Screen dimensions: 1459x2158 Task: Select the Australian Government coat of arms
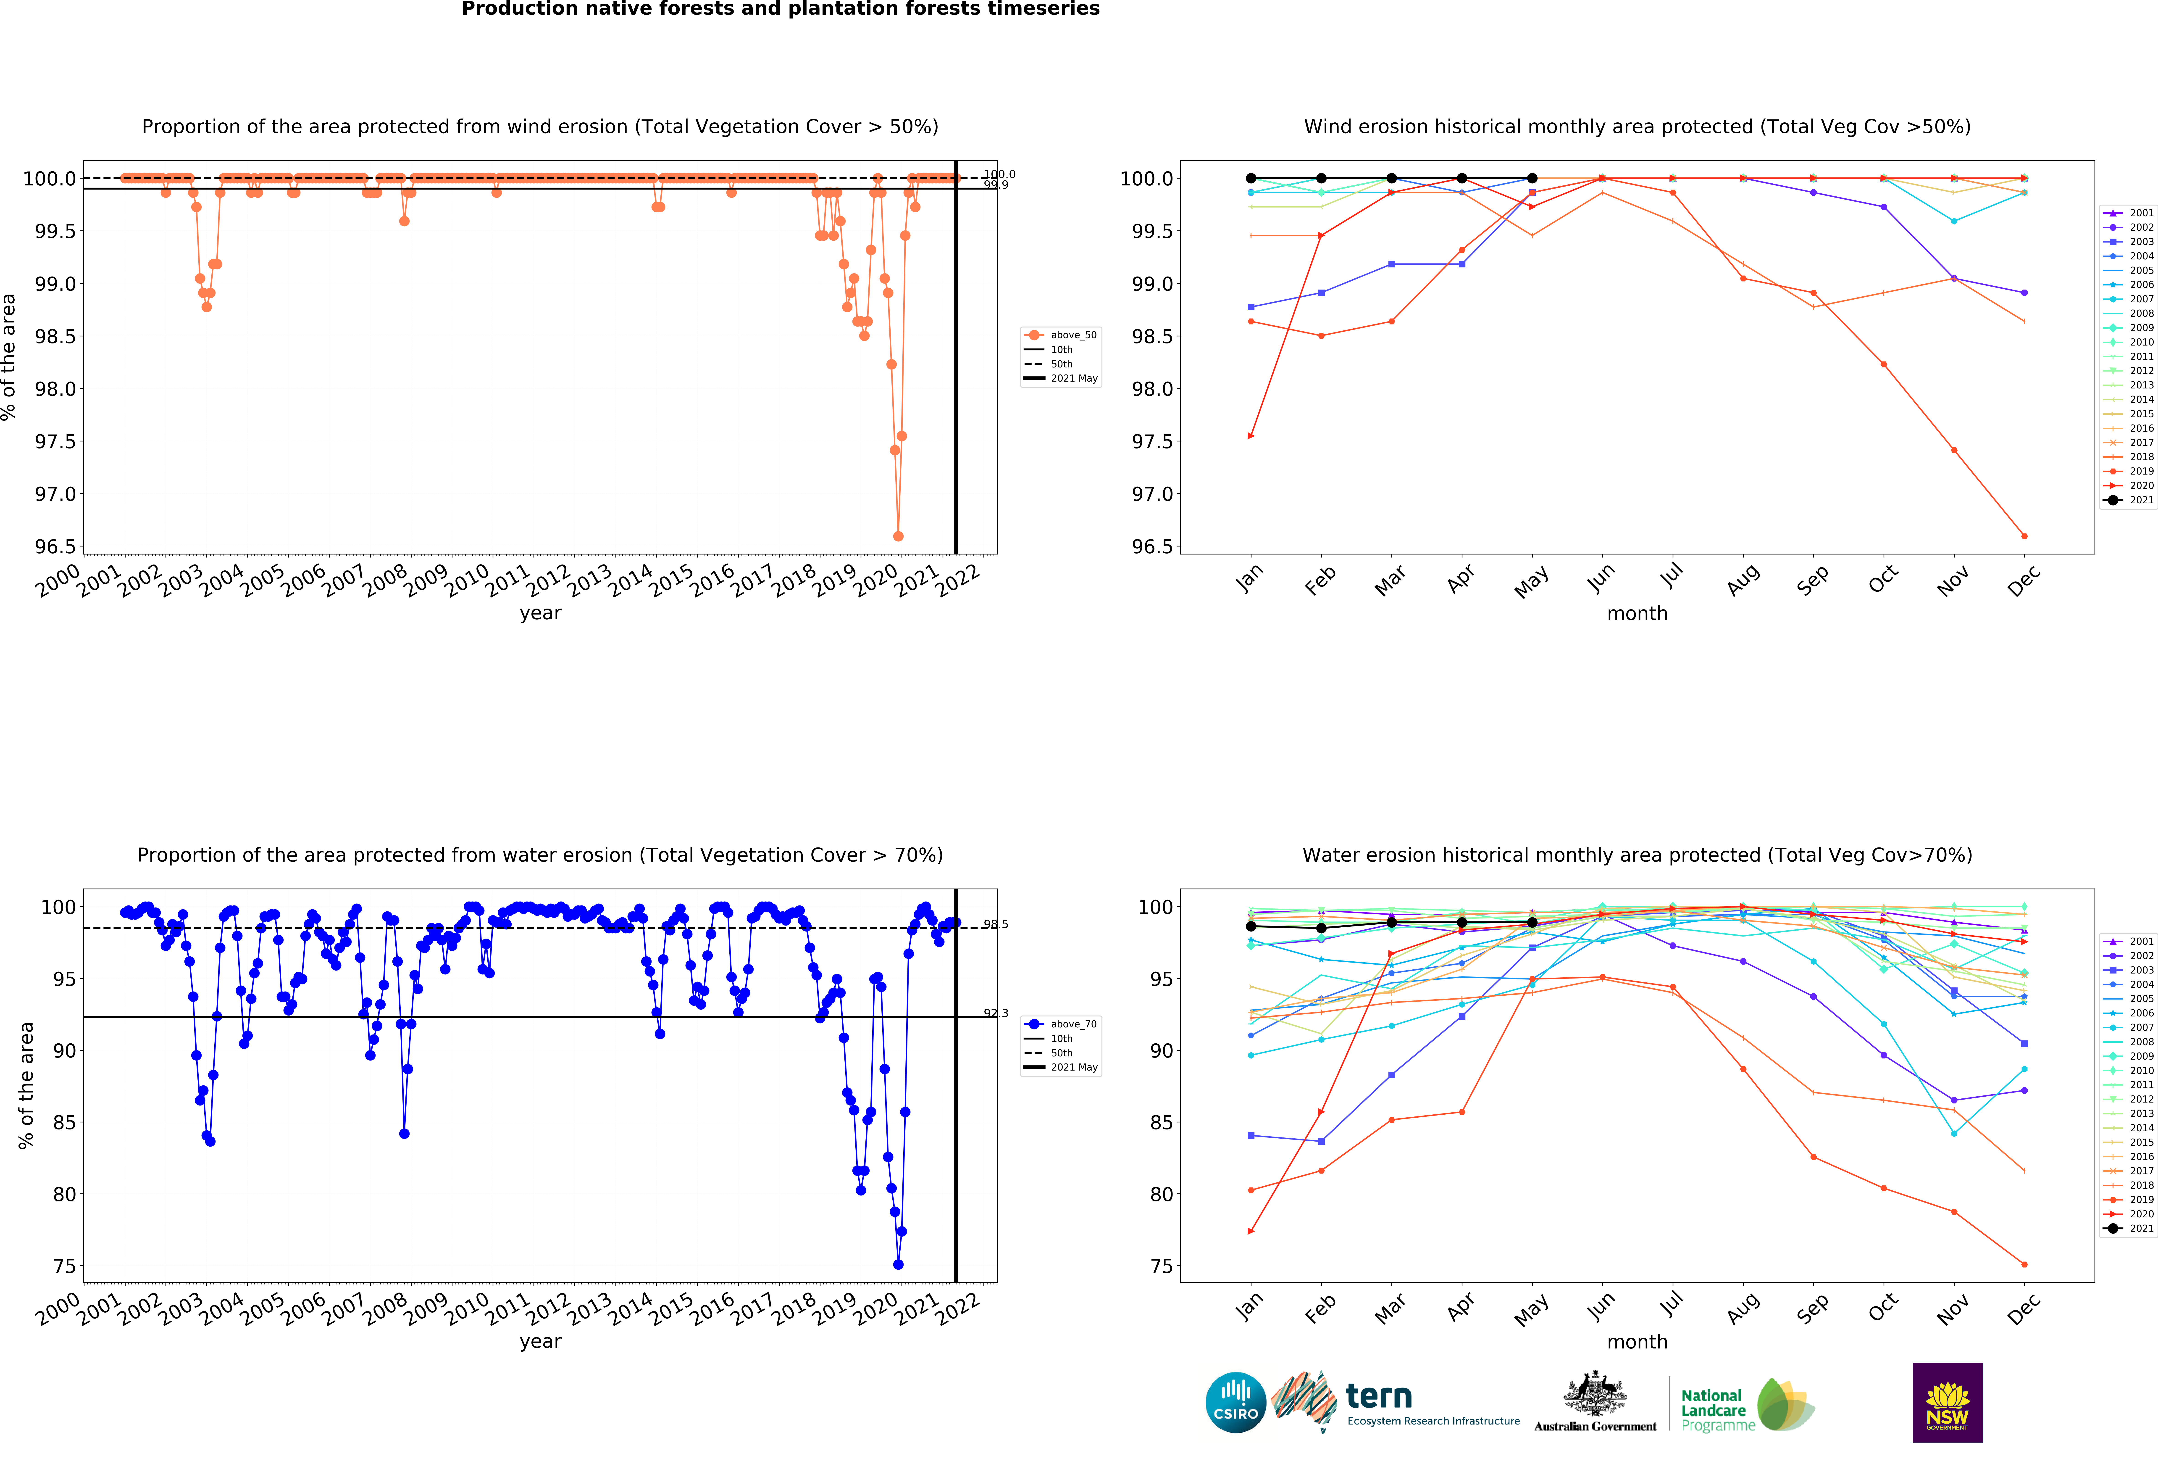coord(1594,1393)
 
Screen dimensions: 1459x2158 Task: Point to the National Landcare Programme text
coord(1713,1410)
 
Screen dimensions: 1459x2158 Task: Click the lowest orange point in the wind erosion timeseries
coord(898,536)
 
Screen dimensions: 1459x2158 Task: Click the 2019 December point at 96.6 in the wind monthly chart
coord(2024,536)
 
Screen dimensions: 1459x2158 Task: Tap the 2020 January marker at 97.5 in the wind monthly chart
coord(1251,435)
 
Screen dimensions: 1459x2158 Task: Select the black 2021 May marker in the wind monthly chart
coord(1532,178)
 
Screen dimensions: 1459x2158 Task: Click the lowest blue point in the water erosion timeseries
coord(898,1264)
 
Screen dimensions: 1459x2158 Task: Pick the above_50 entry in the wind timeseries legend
coord(1072,335)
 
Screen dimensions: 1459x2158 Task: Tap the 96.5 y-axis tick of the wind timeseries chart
coord(56,546)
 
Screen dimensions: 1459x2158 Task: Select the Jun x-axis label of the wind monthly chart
coord(1601,579)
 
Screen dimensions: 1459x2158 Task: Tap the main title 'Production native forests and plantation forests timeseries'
coord(780,9)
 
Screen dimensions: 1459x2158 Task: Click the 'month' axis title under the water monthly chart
coord(1637,1342)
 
